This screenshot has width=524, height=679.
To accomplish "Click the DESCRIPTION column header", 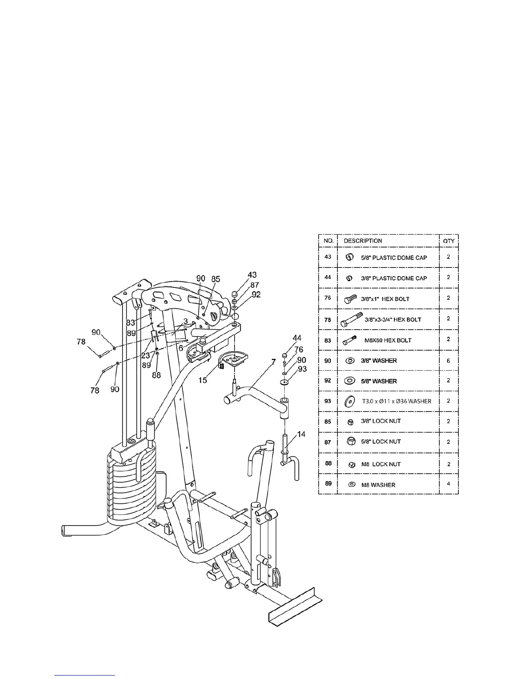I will pos(363,241).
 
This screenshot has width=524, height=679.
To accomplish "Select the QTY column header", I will pos(449,241).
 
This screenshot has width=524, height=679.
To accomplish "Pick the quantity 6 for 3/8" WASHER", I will pos(448,361).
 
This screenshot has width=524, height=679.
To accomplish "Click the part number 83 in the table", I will pos(328,340).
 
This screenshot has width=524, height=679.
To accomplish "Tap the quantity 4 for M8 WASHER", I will pos(448,484).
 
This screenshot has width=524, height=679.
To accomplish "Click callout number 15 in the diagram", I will pos(202,380).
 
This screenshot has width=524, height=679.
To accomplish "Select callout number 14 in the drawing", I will pos(301,434).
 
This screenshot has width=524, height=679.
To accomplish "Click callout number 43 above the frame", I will pos(252,275).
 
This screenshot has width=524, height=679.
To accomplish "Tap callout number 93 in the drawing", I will pos(302,370).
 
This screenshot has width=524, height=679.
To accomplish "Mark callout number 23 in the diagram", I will pos(146,355).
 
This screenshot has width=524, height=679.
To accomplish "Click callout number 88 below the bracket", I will pos(156,375).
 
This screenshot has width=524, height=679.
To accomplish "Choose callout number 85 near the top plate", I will pos(215,279).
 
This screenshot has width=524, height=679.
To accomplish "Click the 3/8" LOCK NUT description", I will pos(381,421).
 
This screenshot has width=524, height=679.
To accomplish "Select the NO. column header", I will pos(328,241).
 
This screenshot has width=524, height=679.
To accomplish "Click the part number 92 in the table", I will pos(328,381).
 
